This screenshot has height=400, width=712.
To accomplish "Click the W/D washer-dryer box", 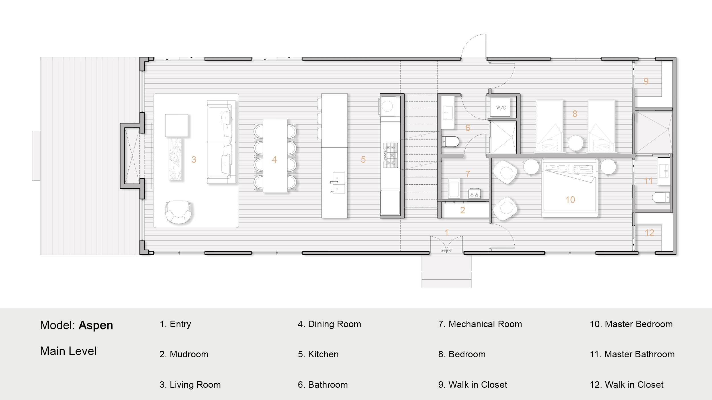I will pos(501,108).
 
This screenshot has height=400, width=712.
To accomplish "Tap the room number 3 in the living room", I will pos(194,160).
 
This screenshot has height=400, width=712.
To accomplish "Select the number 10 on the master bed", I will pos(570,200).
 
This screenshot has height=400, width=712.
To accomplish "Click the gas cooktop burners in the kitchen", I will pos(390,155).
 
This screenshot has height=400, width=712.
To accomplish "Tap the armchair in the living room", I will pos(178,212).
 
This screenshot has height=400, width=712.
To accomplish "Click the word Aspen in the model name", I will pos(96,325).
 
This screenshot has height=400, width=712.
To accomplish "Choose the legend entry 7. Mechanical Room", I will pos(480,324).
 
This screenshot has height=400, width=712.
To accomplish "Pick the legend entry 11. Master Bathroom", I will pos(632,354).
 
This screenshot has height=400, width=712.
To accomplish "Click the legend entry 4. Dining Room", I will pos(329,324).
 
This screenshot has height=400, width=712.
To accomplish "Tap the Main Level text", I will pos(68,351).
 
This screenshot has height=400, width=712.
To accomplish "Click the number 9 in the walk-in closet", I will pos(646,81).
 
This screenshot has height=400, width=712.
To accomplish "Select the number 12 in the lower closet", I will pos(649,233).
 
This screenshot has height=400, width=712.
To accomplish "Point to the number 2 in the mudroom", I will pos(463,210).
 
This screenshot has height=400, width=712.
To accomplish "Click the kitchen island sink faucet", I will pos(334,182).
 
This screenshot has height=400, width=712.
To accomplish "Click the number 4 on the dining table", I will pos(274,160).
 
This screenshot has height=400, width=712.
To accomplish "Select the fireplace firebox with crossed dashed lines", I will pos(132,156).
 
